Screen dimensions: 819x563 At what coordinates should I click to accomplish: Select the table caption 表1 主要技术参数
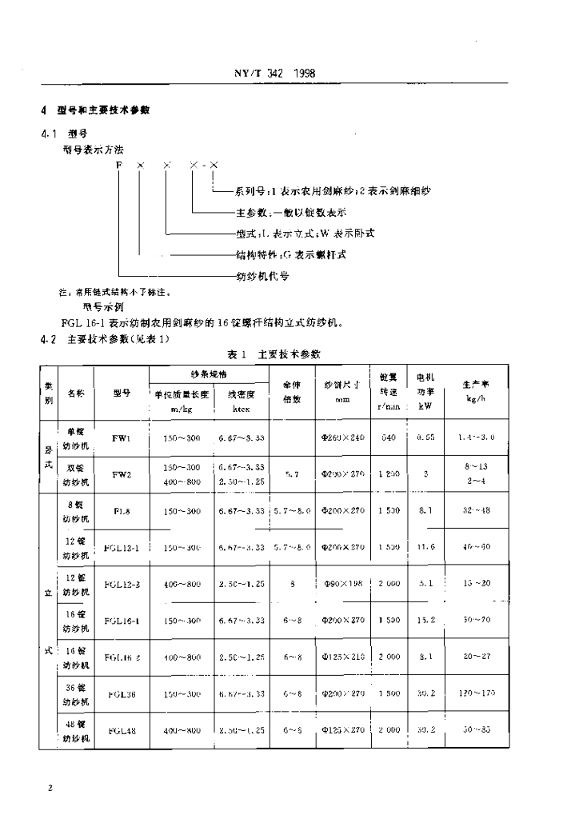tap(275, 354)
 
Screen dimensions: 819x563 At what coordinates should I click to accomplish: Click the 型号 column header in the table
tap(121, 393)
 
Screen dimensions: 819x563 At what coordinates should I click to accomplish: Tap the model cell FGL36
tap(122, 693)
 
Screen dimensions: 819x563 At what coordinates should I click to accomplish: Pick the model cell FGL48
tap(122, 730)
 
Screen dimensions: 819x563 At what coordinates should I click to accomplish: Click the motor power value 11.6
tap(425, 547)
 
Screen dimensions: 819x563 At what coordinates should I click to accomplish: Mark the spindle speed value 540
tap(389, 438)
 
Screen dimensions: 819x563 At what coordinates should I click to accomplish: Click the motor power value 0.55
tap(425, 438)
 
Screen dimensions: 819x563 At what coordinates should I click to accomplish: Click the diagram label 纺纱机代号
tap(262, 276)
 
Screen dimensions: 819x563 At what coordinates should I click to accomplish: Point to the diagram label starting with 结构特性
tap(291, 254)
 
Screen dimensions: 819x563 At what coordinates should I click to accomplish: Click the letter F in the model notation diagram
tap(118, 165)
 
